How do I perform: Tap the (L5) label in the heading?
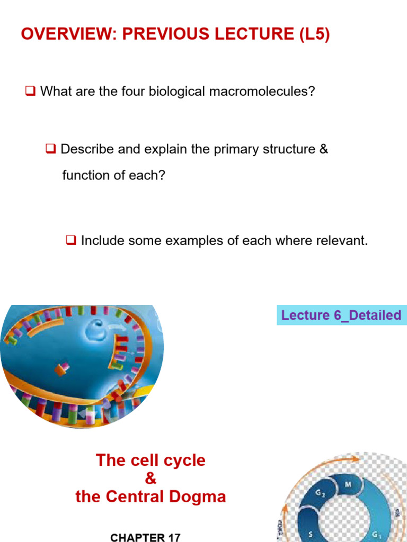tap(311, 34)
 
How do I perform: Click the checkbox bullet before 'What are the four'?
tap(30, 92)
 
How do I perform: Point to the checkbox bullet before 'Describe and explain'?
tap(51, 149)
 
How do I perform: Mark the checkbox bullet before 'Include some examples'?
tap(71, 241)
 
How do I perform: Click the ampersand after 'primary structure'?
tap(324, 149)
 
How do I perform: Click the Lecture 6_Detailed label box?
tap(341, 315)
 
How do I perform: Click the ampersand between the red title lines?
tap(151, 478)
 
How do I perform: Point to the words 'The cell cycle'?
tap(151, 460)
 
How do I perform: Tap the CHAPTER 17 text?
tap(145, 537)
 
